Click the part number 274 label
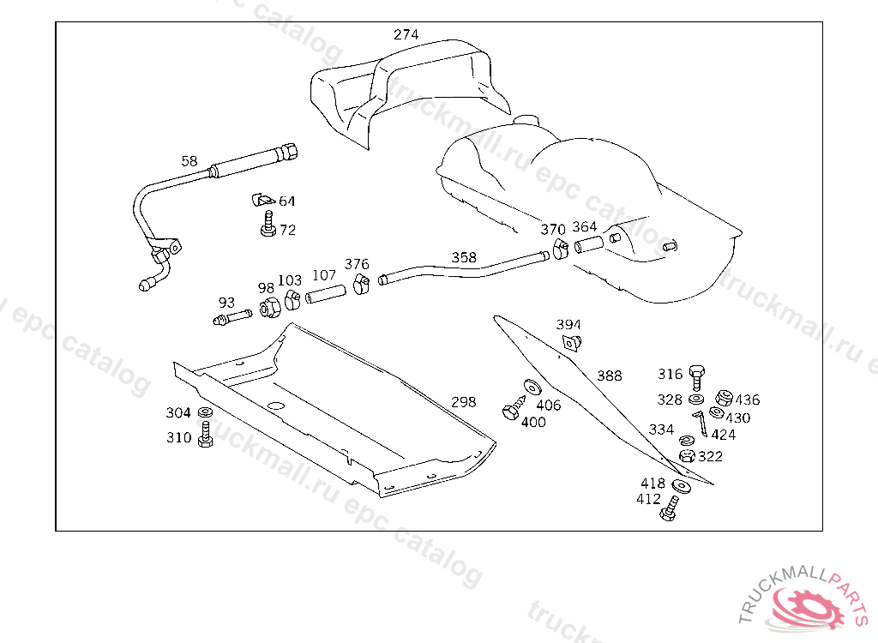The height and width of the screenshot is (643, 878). coord(406,35)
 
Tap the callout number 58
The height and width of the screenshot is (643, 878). coord(189,161)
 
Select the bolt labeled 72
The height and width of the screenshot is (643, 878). coord(268,224)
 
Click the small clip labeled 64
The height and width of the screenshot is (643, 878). coord(262,200)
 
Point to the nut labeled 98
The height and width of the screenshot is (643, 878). coord(270,308)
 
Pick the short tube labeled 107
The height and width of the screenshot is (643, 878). coord(326,293)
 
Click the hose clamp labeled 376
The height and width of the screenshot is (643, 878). coord(362,284)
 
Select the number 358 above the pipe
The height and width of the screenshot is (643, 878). coord(464,258)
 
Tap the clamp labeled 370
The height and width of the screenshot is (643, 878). coord(561,248)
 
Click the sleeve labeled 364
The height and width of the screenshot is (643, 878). coord(589,244)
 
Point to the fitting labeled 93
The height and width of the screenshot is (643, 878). coord(232,317)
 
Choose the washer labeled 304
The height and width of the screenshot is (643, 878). coord(205,412)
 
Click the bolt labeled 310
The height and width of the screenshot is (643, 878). coord(206,434)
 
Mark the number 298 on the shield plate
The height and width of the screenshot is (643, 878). coord(464,402)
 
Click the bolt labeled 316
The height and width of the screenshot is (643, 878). coord(696,377)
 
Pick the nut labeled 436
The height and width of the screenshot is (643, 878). coord(724,397)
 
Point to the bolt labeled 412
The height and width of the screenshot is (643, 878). coord(669,508)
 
